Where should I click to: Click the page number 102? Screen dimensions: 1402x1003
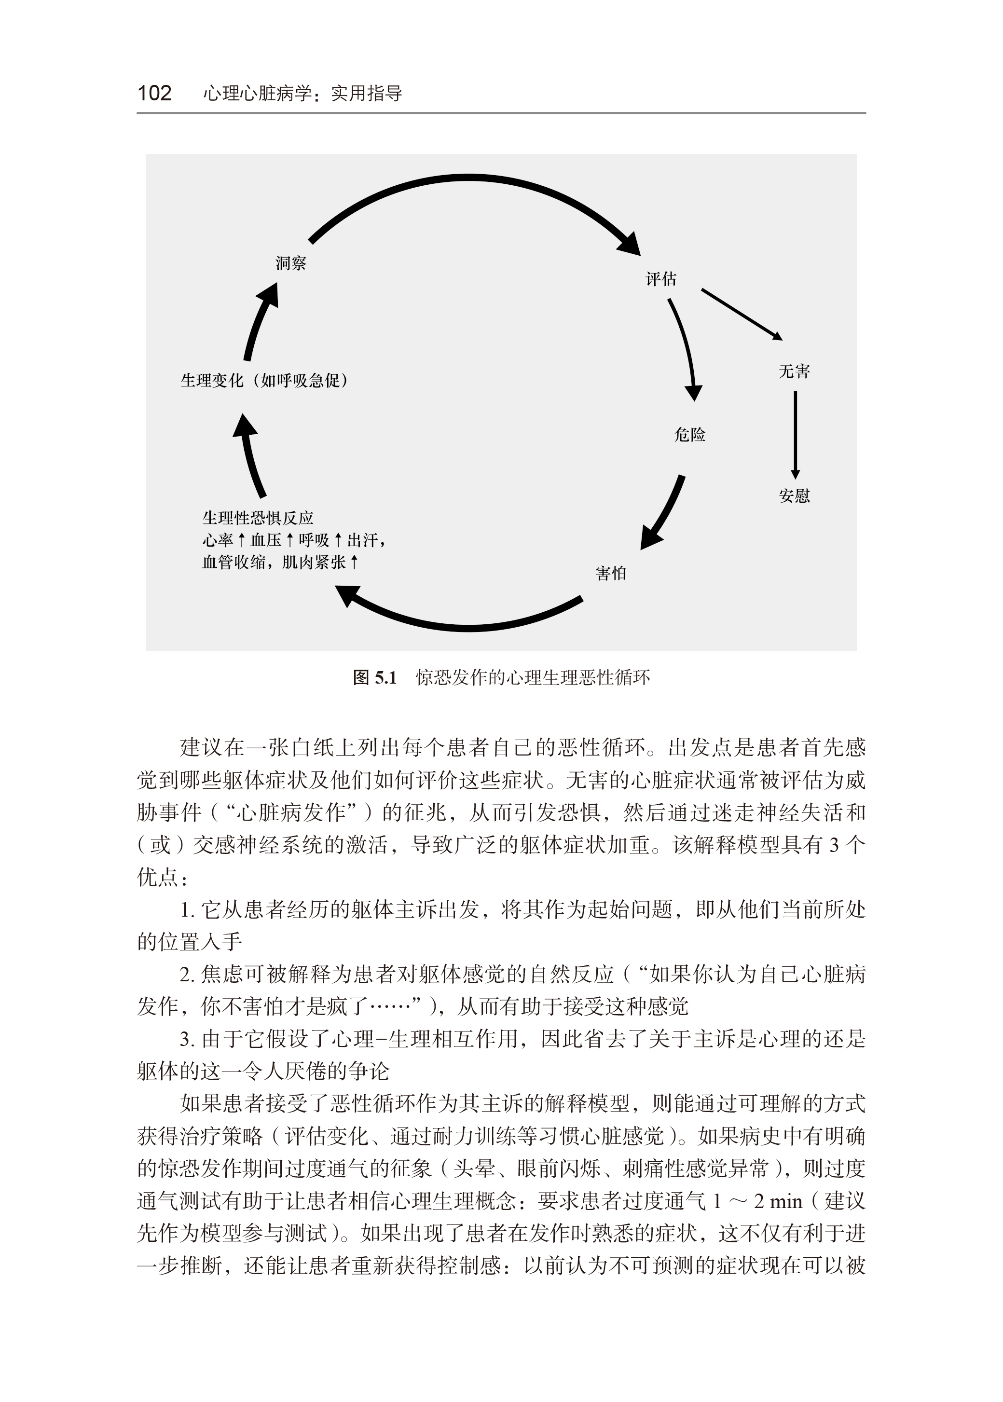154,93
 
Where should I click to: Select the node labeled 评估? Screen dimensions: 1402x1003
661,279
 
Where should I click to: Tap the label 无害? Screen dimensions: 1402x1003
794,371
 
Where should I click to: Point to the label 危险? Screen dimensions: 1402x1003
689,435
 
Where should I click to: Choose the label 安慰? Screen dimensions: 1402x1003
794,496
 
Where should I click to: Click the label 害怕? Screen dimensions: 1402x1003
611,574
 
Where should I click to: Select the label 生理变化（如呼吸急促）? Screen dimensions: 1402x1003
264,381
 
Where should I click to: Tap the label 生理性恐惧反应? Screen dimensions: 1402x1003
258,518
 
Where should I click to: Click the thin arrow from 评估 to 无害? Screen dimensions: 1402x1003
741,314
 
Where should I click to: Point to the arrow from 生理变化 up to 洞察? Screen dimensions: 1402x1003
260,321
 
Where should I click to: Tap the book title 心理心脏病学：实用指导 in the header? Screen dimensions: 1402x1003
302,93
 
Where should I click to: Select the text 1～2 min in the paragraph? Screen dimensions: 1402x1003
757,1201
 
